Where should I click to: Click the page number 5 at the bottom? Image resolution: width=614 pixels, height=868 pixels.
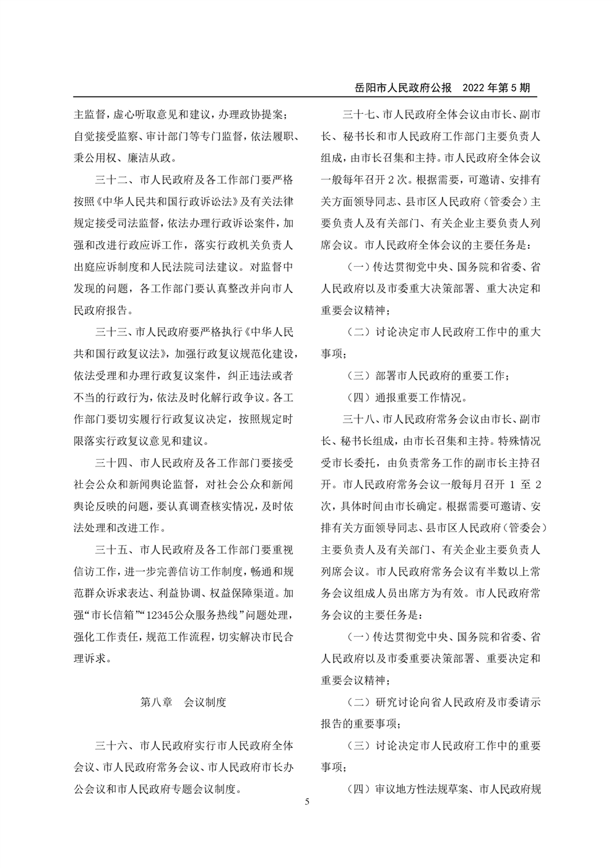coord(307,802)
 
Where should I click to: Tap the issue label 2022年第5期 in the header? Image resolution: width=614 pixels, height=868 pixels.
coord(496,88)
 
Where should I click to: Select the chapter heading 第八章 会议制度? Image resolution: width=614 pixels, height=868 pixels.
coord(183,702)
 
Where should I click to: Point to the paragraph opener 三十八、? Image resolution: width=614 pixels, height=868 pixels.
coord(359,419)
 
